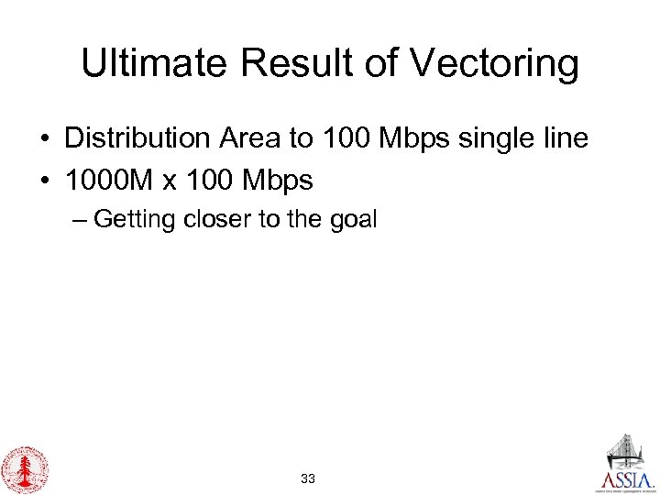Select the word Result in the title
(280, 64)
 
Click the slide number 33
(309, 478)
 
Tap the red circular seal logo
(25, 469)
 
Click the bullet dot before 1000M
(44, 181)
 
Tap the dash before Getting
(81, 220)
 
